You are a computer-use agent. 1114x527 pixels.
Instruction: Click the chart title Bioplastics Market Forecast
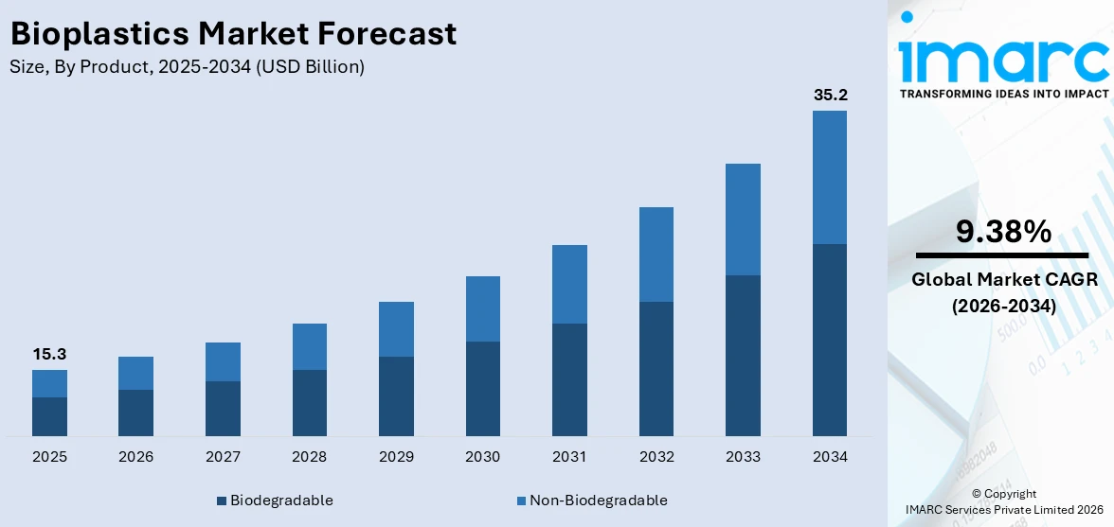click(233, 34)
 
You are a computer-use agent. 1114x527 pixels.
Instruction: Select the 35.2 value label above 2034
click(830, 95)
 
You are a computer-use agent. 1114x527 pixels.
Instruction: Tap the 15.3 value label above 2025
click(49, 354)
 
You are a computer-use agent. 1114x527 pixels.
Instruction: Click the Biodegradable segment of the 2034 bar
click(830, 340)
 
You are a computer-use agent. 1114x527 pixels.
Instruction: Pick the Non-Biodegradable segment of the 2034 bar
click(830, 177)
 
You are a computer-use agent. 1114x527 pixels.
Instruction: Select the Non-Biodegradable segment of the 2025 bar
click(49, 383)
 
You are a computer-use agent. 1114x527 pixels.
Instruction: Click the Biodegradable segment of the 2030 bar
click(482, 388)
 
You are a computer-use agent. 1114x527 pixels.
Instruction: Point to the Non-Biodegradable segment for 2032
click(656, 255)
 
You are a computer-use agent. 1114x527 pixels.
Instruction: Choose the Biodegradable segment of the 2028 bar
click(309, 402)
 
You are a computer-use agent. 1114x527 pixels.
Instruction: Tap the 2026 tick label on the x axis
click(136, 457)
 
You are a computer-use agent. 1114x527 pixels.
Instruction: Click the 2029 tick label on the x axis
click(396, 457)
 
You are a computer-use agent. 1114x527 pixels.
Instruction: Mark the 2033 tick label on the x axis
click(743, 457)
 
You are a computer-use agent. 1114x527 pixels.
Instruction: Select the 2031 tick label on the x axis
click(569, 457)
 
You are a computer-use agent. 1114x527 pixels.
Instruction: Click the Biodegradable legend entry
click(275, 501)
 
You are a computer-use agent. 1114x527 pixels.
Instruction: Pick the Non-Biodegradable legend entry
click(592, 501)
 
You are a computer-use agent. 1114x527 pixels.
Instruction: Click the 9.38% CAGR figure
click(1002, 231)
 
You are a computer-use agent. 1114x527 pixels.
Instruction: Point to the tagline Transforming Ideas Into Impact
click(1003, 94)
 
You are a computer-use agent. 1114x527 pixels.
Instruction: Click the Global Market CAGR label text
click(1002, 279)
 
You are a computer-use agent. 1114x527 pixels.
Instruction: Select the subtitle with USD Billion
click(187, 67)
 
